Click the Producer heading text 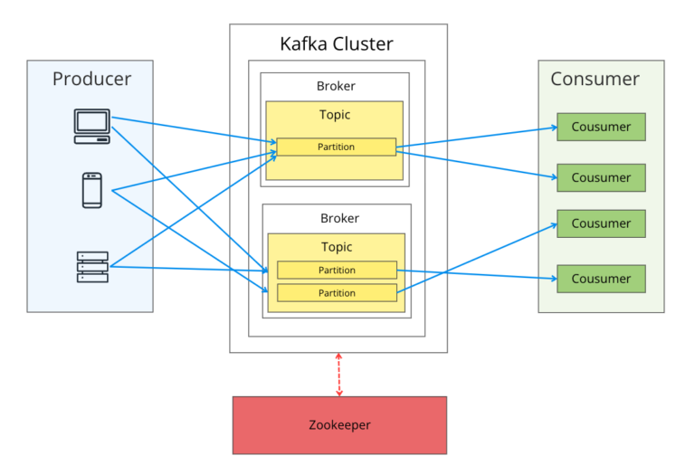pos(91,79)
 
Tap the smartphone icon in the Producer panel pos(91,190)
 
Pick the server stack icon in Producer pos(91,267)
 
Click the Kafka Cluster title pos(337,43)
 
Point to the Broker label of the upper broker pos(336,87)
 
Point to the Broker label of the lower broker pos(339,218)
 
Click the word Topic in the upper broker pos(335,115)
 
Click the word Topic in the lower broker pos(337,247)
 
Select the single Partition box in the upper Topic pos(336,147)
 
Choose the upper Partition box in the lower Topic pos(337,270)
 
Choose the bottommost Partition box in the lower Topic pos(337,292)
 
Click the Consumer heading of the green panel pos(595,79)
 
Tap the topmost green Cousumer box pos(601,127)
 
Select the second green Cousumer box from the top pos(601,177)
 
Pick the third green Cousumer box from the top pos(601,223)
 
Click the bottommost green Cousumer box pos(601,279)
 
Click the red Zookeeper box pos(339,424)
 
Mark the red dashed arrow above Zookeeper pos(339,375)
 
